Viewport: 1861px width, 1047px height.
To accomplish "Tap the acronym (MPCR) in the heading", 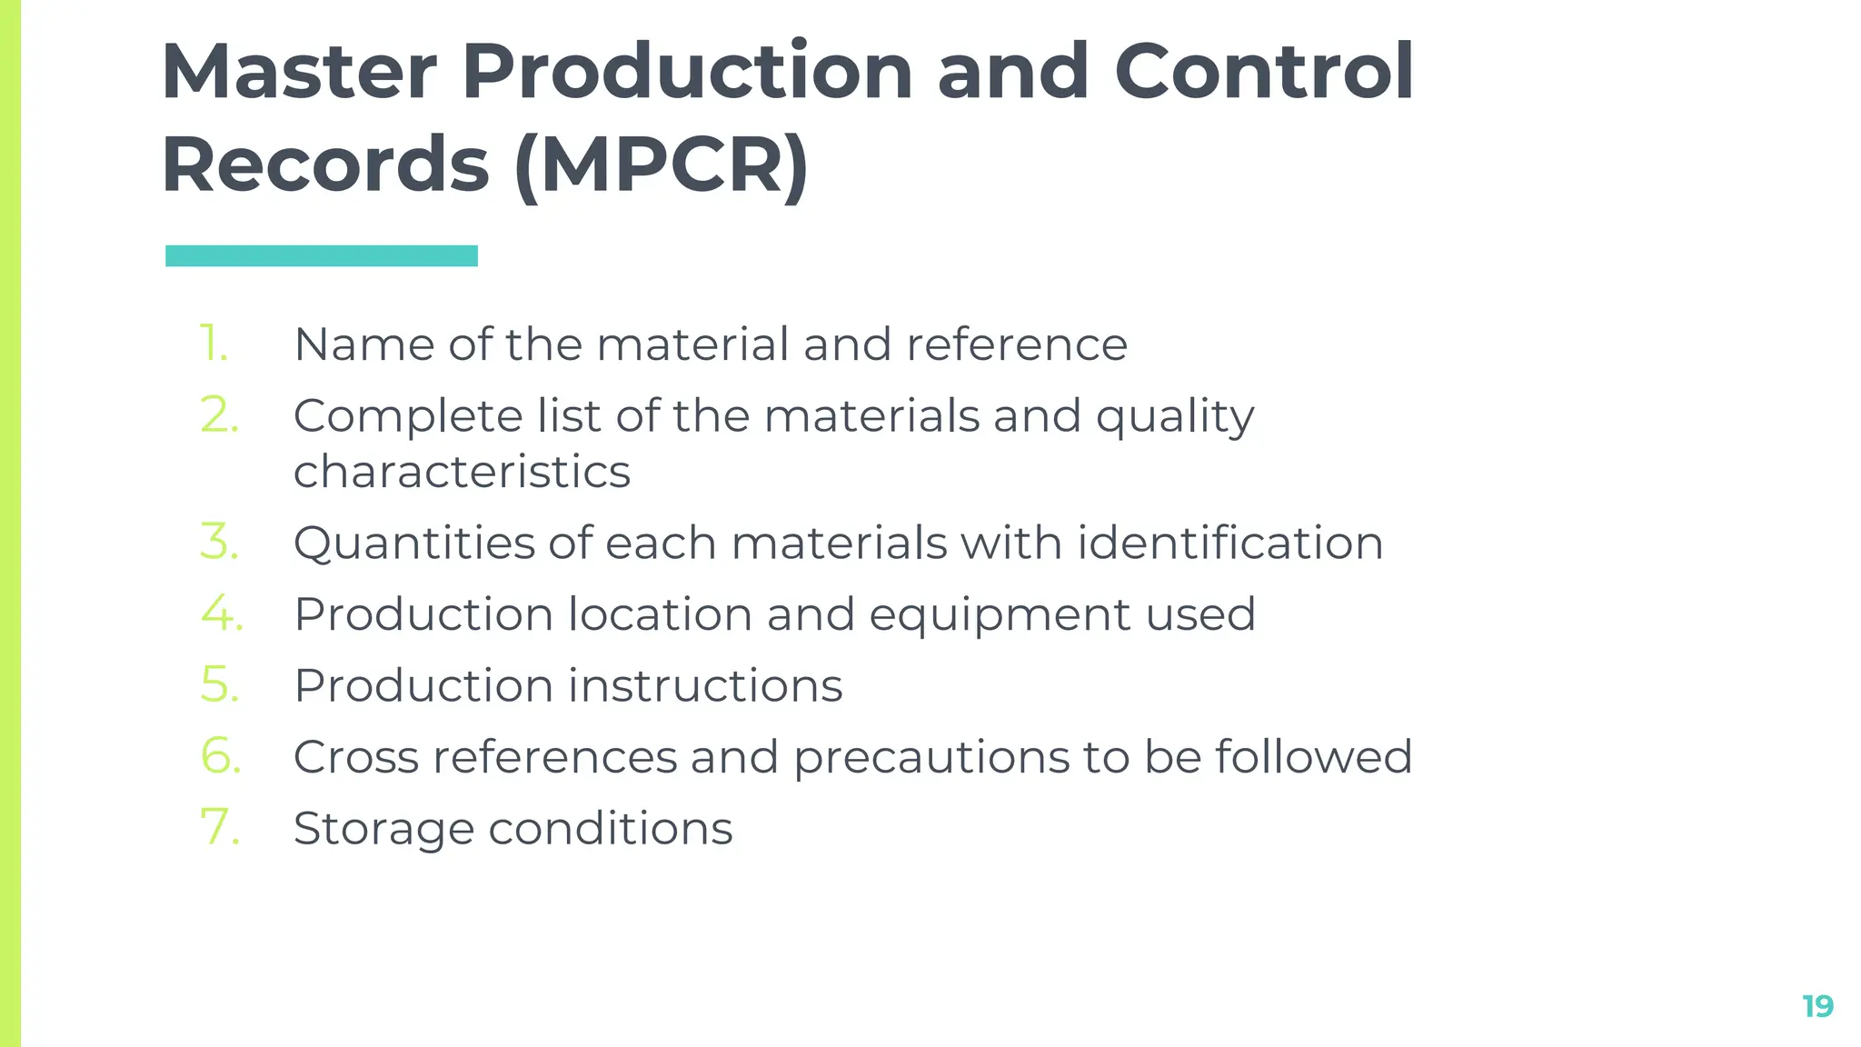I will point(661,165).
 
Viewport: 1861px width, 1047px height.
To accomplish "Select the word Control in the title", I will point(1263,72).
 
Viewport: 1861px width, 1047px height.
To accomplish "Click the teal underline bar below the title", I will point(322,256).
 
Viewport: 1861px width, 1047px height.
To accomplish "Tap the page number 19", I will point(1817,1006).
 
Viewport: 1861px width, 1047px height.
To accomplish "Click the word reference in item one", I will point(1017,344).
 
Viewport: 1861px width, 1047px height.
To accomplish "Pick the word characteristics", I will point(462,472).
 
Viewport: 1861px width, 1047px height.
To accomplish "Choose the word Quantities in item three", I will point(414,543).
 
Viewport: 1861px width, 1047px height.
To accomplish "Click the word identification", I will point(1230,543).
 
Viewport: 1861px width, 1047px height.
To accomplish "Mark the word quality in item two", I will point(1175,417).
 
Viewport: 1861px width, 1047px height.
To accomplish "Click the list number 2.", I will point(220,416).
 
